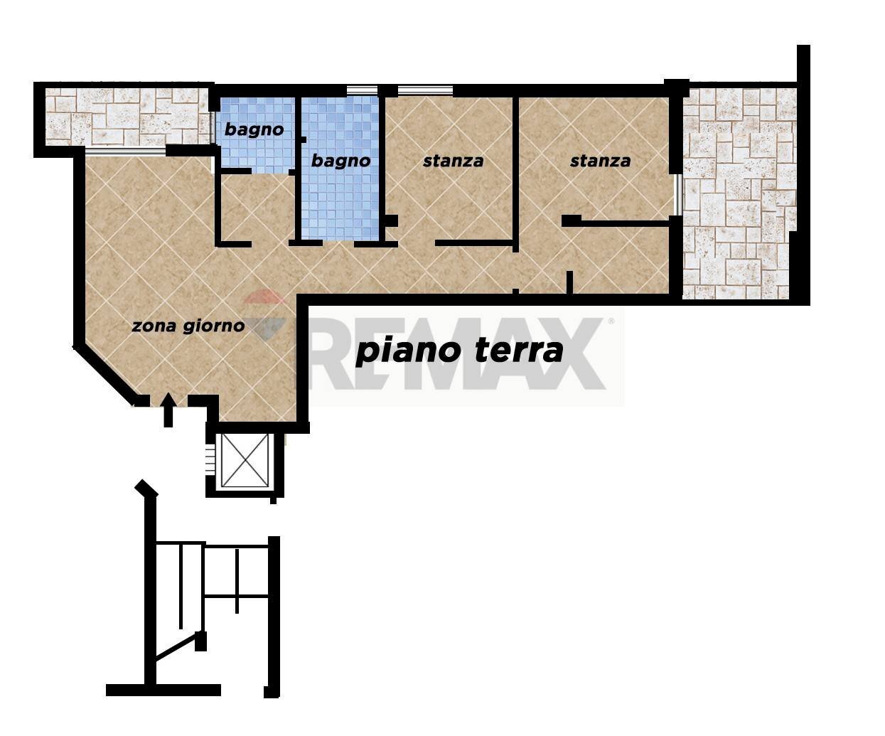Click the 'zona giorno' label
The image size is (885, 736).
click(188, 326)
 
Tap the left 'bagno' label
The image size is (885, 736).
click(254, 129)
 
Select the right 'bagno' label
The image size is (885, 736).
click(340, 161)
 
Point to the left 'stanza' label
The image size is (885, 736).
click(453, 161)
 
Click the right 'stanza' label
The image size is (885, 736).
click(600, 161)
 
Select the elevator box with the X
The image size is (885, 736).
click(245, 460)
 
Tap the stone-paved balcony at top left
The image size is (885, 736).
click(124, 115)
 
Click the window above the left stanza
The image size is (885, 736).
click(425, 90)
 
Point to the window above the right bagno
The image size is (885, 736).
click(362, 90)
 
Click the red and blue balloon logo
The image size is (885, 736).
click(264, 316)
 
